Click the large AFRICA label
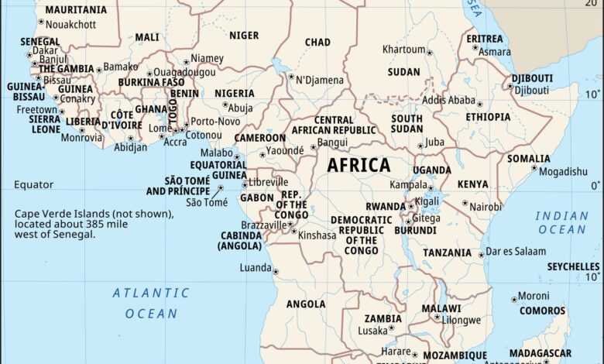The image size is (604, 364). (359, 165)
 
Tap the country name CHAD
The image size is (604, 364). (317, 42)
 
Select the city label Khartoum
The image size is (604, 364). (403, 50)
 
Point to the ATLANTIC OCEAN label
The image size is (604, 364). (151, 303)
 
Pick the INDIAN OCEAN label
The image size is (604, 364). (561, 222)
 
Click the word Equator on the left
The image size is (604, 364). (33, 184)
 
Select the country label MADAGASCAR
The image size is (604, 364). (540, 353)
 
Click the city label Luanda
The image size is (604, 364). (256, 268)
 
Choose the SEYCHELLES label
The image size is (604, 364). (573, 266)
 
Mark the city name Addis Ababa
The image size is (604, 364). (448, 100)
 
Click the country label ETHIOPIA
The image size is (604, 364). (488, 117)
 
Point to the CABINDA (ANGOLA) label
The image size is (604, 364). (240, 240)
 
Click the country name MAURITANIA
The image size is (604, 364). (76, 10)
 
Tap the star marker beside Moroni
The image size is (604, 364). (513, 298)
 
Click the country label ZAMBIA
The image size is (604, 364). (383, 318)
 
